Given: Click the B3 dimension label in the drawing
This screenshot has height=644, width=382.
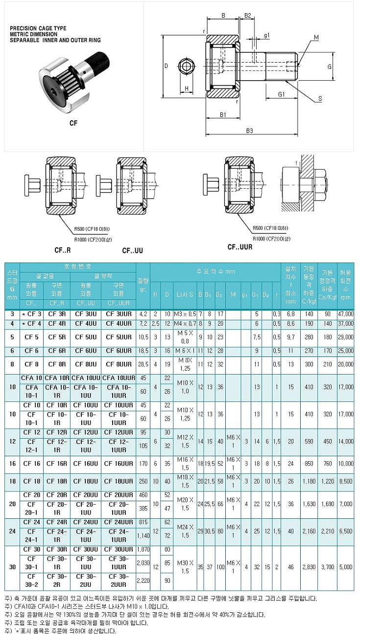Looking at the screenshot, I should [249, 131].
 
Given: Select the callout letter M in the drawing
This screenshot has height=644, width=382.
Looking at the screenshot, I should [316, 38].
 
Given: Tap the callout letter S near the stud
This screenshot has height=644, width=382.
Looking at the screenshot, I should [320, 99].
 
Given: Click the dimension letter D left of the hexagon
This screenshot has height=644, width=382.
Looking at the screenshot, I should [166, 66].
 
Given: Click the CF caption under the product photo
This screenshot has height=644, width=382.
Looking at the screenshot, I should [73, 123].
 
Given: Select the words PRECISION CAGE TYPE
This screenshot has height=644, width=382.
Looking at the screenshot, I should [38, 29].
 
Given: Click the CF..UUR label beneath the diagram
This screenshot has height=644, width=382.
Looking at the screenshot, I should [240, 247].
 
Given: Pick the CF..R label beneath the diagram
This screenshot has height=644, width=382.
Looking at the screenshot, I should [63, 250].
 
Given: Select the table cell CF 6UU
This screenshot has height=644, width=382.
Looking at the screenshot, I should [86, 351].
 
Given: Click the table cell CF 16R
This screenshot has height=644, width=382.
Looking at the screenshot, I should [58, 463].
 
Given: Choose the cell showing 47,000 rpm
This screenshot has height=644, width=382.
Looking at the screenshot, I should [345, 313].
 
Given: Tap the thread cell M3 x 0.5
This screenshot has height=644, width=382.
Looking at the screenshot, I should [185, 313].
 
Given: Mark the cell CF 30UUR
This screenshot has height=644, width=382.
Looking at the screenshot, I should [118, 549].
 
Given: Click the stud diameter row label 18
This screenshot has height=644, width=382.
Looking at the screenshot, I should [13, 481].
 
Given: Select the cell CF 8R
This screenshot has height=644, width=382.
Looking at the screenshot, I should [58, 364].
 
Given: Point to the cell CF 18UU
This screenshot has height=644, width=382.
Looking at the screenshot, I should [86, 481].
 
